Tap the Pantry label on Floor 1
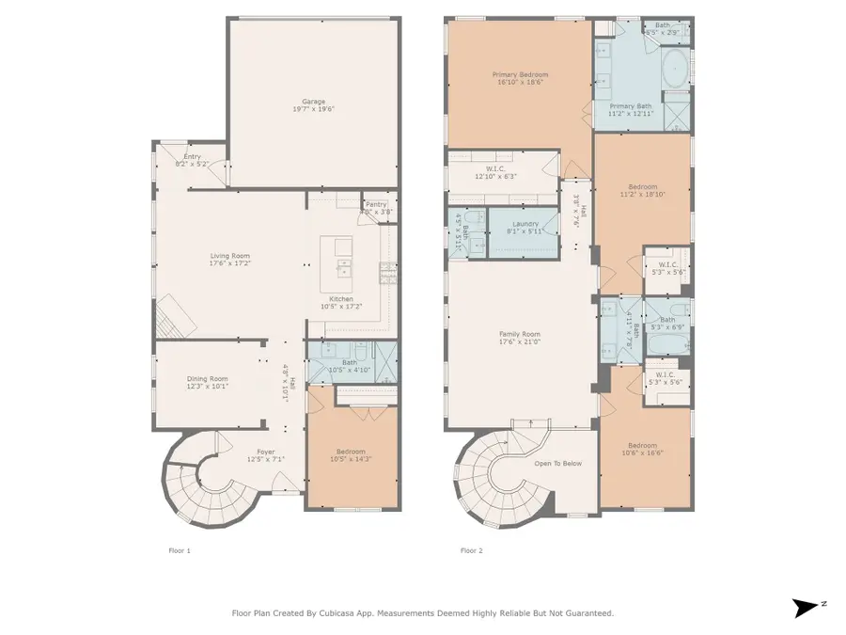pos(376,204)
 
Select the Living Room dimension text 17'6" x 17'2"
pos(229,264)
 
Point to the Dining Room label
pos(207,378)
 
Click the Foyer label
pos(266,452)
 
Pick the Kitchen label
pos(341,299)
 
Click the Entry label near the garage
pos(192,157)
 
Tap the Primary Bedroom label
pos(520,74)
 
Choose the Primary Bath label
pos(630,106)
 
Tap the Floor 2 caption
pos(471,550)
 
